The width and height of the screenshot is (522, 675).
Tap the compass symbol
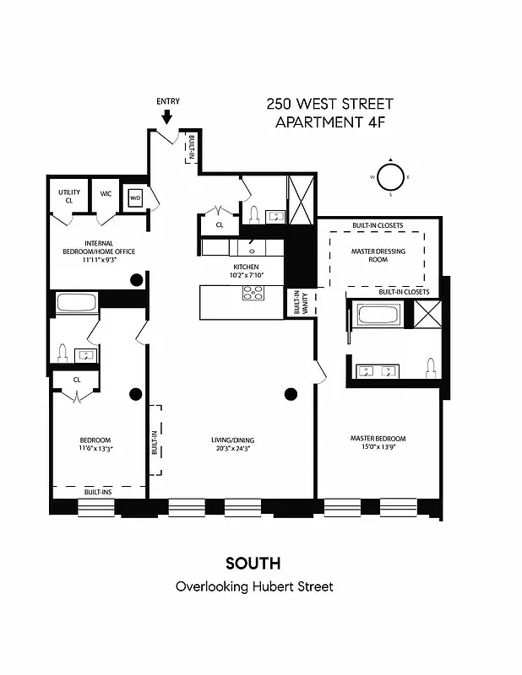(390, 177)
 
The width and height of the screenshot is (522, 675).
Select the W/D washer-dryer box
(135, 199)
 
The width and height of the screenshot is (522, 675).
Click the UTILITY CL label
(69, 197)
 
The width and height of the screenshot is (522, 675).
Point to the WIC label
(106, 193)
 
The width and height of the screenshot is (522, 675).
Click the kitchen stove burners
(253, 294)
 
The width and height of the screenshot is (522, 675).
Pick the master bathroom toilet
(430, 368)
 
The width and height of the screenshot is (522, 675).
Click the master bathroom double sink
(378, 370)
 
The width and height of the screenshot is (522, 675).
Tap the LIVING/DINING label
(233, 440)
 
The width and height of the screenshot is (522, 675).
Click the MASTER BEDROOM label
(378, 438)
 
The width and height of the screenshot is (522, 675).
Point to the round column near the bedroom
(134, 393)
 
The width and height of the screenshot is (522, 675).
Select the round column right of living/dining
(291, 393)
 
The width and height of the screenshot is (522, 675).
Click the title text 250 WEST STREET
(329, 105)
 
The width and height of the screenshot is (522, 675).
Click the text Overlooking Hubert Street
(253, 586)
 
